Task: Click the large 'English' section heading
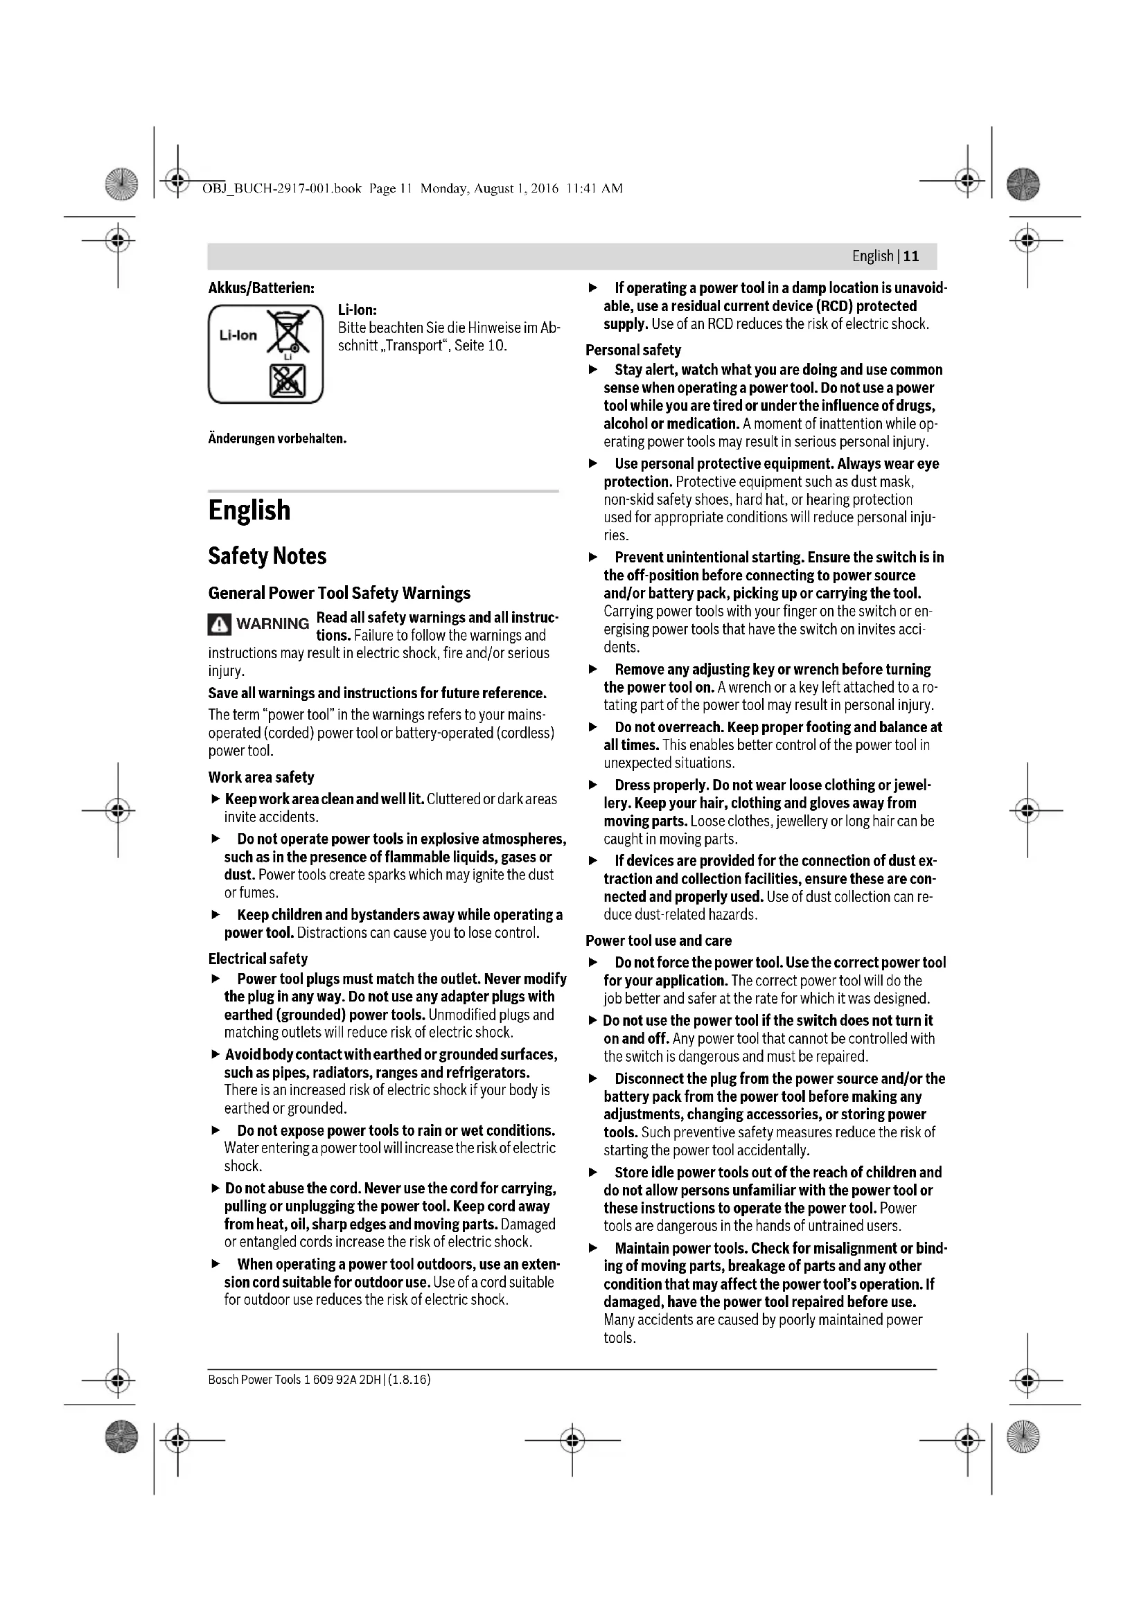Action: pyautogui.click(x=249, y=510)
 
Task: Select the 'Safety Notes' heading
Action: pyautogui.click(x=267, y=556)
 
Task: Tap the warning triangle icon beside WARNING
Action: pyautogui.click(x=220, y=624)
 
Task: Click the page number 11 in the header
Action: pyautogui.click(x=911, y=256)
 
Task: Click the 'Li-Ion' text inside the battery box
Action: pyautogui.click(x=238, y=335)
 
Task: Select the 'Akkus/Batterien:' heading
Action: pyautogui.click(x=261, y=288)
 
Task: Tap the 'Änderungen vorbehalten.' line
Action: pyautogui.click(x=277, y=439)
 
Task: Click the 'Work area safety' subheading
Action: pyautogui.click(x=261, y=777)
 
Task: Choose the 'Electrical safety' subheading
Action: pyautogui.click(x=258, y=958)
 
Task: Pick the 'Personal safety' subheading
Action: pyautogui.click(x=633, y=350)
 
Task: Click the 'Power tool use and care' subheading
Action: pyautogui.click(x=658, y=941)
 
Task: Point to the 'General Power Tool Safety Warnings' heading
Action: pyautogui.click(x=339, y=593)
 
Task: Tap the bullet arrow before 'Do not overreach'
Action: pyautogui.click(x=594, y=727)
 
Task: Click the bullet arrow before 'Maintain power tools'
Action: pyautogui.click(x=594, y=1248)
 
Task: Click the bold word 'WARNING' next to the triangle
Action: pyautogui.click(x=272, y=624)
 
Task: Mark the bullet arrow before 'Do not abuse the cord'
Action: pyautogui.click(x=215, y=1189)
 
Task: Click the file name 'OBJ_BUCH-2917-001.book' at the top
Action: pyautogui.click(x=281, y=188)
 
